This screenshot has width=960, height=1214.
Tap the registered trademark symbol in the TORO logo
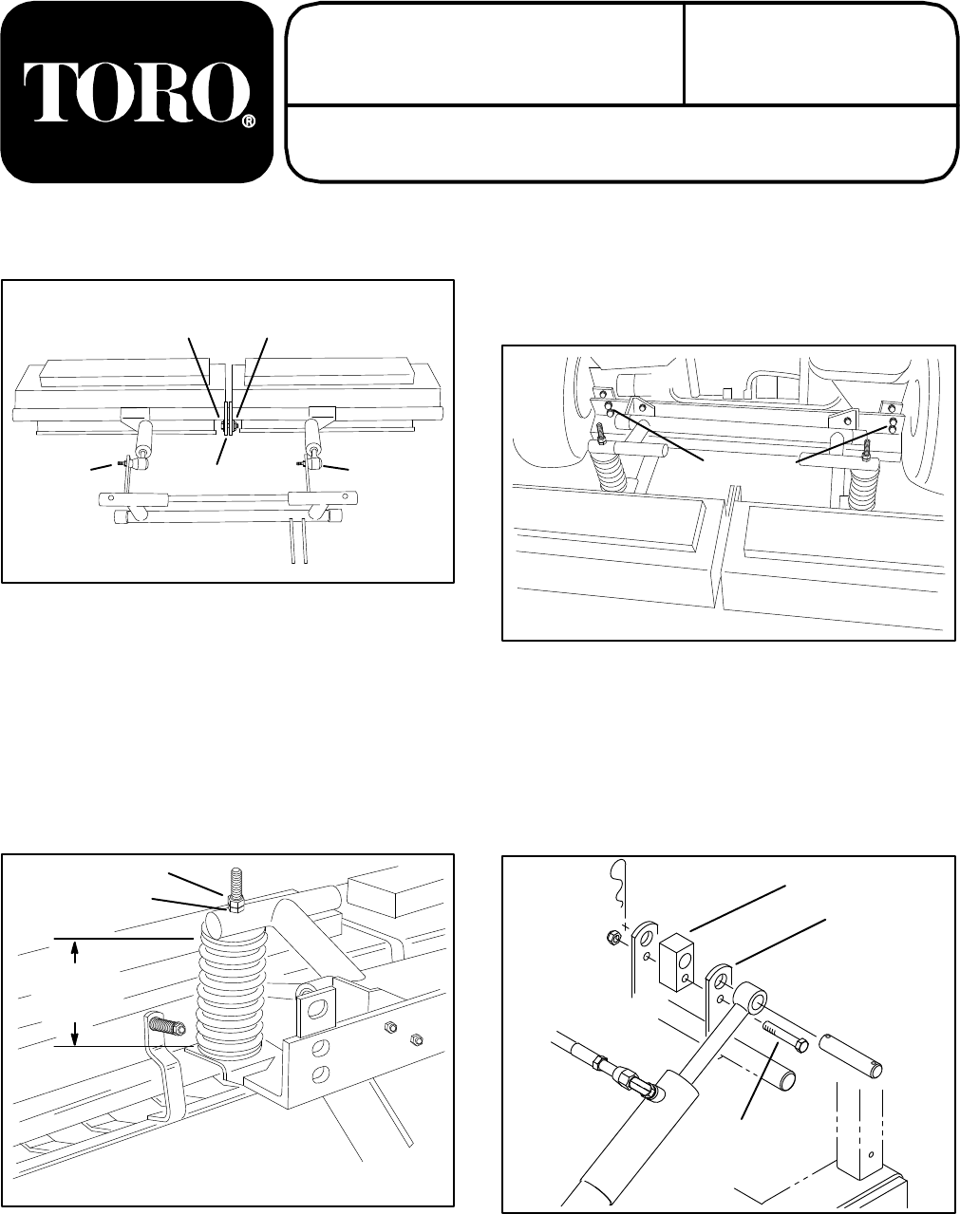click(248, 122)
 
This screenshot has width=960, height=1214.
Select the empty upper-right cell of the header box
click(819, 53)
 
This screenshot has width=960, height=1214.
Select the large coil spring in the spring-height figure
click(228, 987)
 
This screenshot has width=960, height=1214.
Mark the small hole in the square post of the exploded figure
click(862, 1158)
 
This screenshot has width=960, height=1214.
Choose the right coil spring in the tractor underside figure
click(864, 484)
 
